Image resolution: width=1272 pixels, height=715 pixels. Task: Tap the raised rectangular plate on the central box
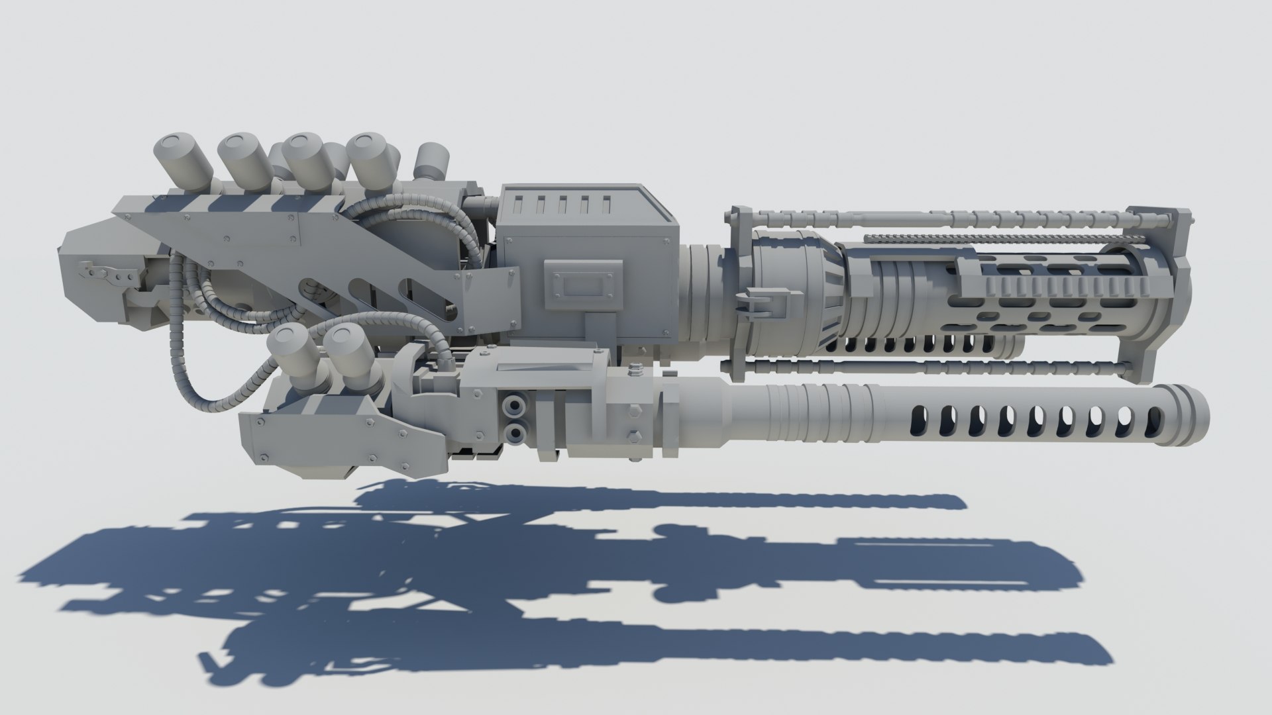pyautogui.click(x=584, y=285)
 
